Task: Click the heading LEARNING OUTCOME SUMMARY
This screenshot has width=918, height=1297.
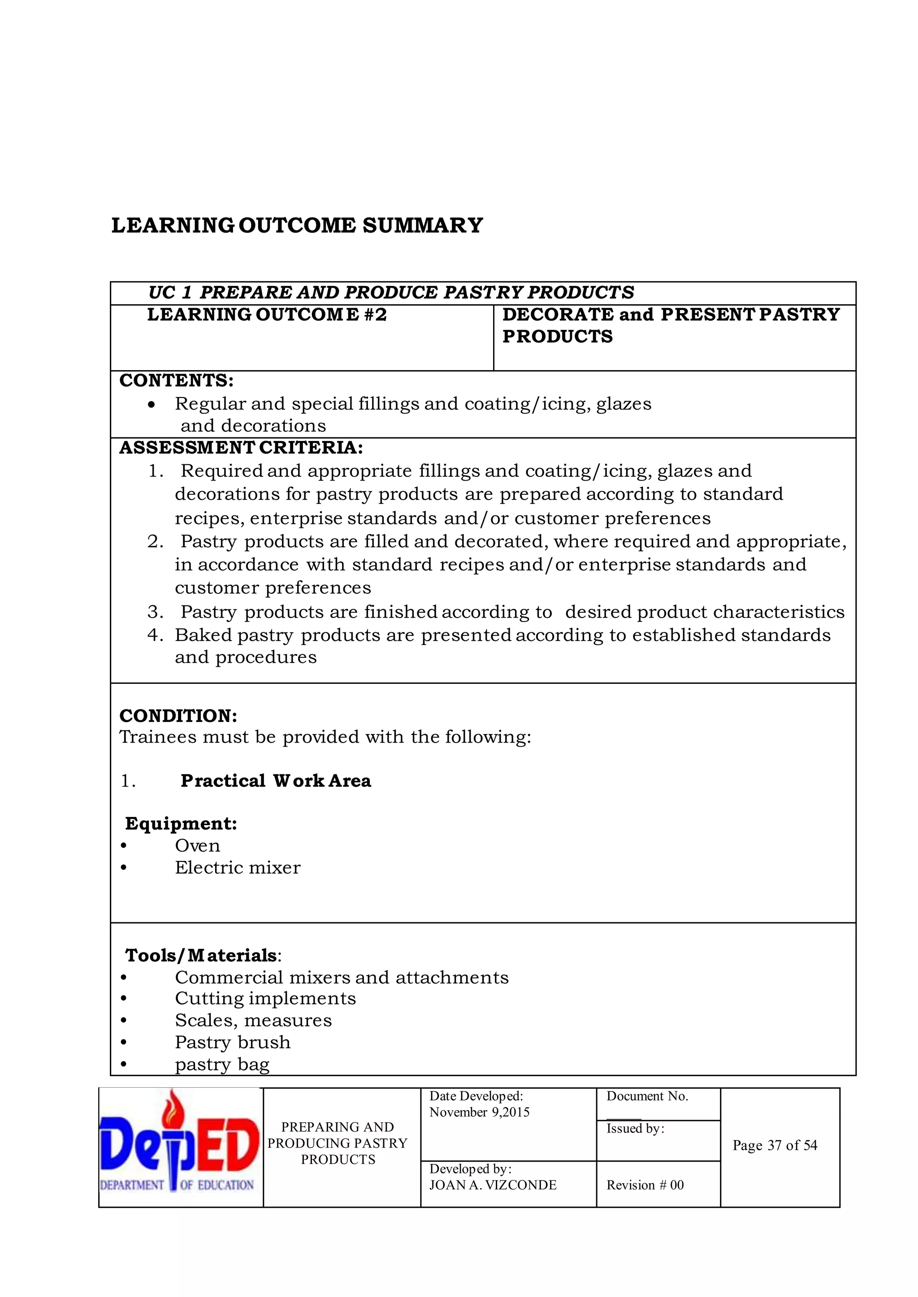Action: pyautogui.click(x=297, y=225)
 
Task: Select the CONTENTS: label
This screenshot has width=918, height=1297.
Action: pyautogui.click(x=176, y=381)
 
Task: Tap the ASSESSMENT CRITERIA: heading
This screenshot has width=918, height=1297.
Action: pyautogui.click(x=241, y=448)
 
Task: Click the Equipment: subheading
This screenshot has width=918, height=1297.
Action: pyautogui.click(x=181, y=823)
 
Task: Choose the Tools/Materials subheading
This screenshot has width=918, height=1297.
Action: pyautogui.click(x=202, y=955)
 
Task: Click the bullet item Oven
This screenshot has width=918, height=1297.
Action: pyautogui.click(x=197, y=846)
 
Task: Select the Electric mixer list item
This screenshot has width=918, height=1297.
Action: pyautogui.click(x=238, y=868)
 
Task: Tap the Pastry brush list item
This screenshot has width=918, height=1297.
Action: pyautogui.click(x=232, y=1042)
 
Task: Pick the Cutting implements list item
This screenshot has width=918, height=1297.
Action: pyautogui.click(x=265, y=999)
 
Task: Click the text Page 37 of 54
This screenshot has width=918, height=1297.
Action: pyautogui.click(x=775, y=1146)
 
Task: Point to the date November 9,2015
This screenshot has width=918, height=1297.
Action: pyautogui.click(x=479, y=1112)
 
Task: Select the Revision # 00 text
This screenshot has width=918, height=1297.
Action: pyautogui.click(x=645, y=1185)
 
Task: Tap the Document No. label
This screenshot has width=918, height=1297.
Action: pyautogui.click(x=647, y=1096)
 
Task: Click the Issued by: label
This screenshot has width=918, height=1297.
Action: pyautogui.click(x=635, y=1128)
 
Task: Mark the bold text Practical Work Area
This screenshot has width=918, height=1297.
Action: pyautogui.click(x=276, y=781)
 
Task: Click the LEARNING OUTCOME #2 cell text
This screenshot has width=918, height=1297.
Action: pyautogui.click(x=267, y=315)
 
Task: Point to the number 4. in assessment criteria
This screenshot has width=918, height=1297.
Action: pyautogui.click(x=155, y=635)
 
